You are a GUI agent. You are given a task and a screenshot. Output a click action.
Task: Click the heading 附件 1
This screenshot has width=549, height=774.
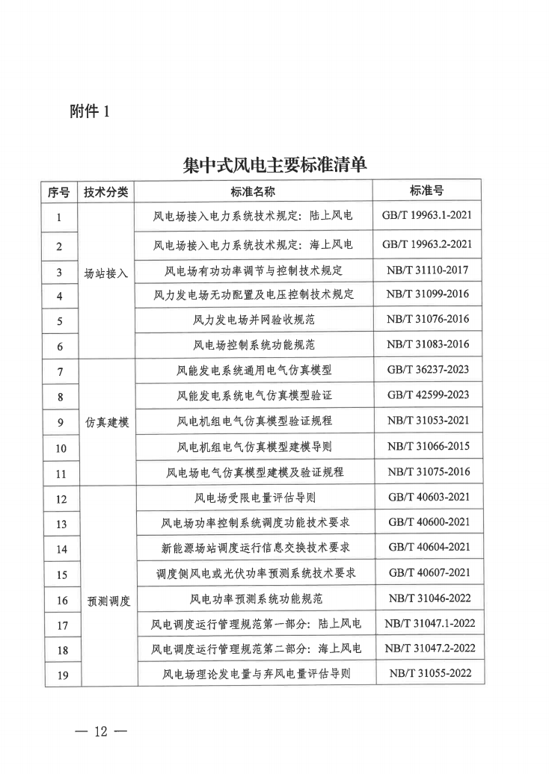88,112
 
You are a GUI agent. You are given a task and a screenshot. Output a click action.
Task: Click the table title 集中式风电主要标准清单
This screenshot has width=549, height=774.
274,165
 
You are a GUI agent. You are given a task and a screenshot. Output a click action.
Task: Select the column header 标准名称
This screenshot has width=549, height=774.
253,192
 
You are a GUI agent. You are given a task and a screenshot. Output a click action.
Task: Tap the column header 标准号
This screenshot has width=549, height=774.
426,191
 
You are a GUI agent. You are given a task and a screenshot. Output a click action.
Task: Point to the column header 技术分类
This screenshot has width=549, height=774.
106,192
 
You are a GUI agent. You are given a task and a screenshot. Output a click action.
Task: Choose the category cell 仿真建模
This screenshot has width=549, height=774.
106,422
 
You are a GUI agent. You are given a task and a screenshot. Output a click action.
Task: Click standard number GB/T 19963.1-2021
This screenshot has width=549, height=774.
426,216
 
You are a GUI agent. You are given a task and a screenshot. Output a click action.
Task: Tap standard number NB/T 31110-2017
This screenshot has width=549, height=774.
427,269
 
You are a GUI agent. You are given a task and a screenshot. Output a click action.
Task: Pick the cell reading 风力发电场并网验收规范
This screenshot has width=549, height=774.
254,320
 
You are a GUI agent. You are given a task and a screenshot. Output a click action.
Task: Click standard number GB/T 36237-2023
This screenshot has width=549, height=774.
427,370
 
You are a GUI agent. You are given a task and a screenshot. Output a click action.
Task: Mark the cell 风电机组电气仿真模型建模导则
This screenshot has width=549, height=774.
254,447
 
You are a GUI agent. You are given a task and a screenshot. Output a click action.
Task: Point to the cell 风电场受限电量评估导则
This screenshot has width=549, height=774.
254,498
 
